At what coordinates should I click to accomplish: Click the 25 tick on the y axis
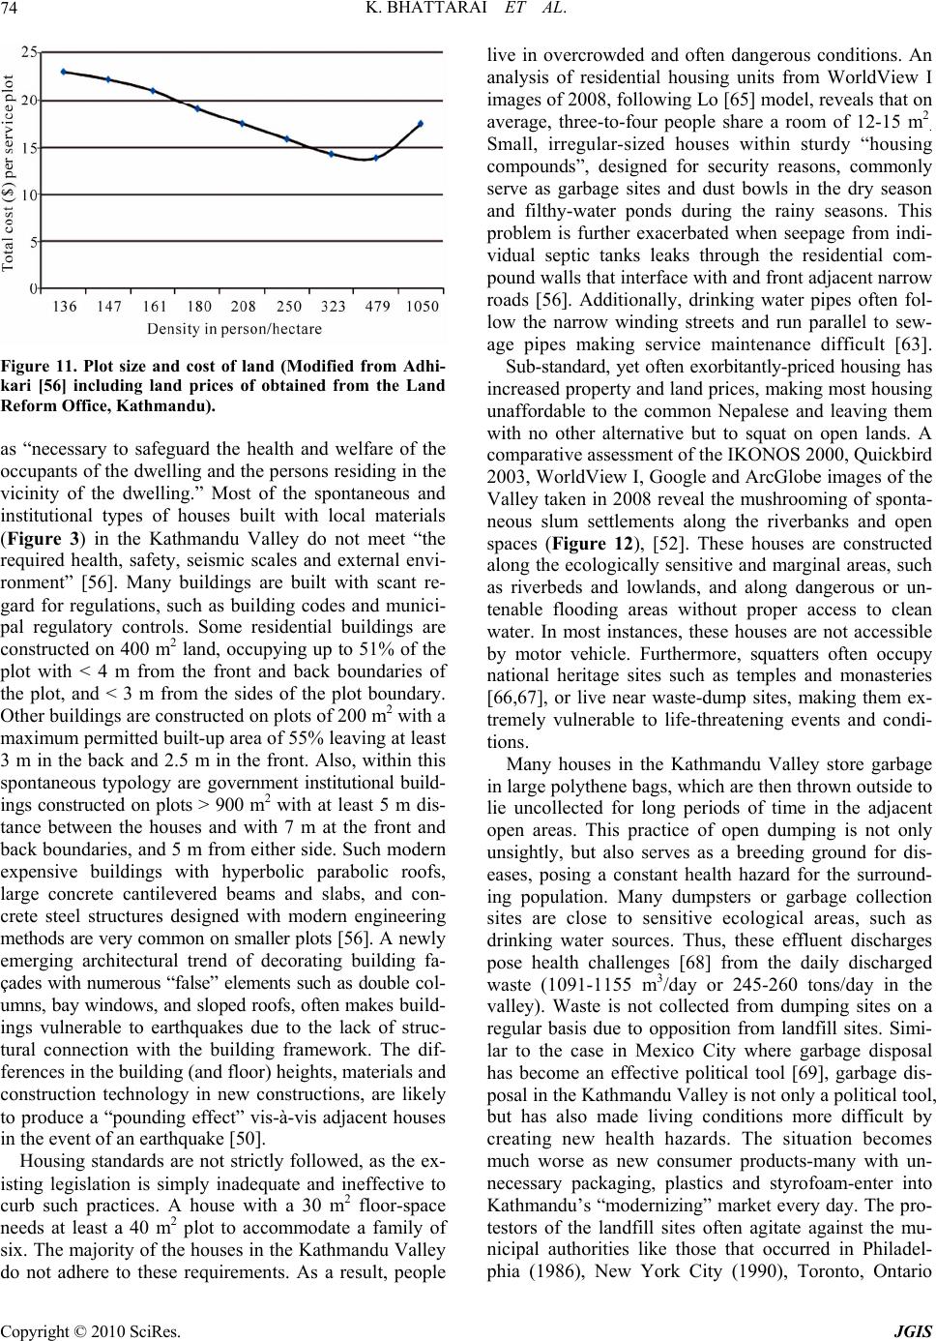[31, 50]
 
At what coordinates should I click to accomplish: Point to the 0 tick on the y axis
[34, 288]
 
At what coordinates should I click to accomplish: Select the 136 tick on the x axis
[65, 307]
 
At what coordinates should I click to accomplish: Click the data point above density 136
[64, 72]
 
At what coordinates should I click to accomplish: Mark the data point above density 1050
[420, 124]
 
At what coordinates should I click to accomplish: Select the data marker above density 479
[376, 158]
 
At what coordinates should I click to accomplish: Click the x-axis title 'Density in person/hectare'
[235, 329]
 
